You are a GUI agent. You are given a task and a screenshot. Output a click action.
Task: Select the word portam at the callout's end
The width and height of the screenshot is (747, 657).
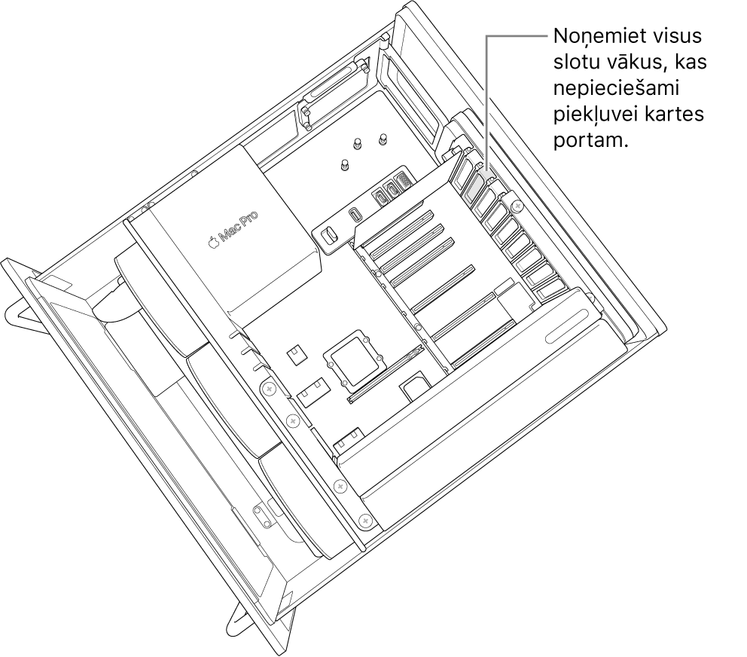588,142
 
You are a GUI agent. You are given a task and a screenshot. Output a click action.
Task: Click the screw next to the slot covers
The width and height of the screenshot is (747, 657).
517,205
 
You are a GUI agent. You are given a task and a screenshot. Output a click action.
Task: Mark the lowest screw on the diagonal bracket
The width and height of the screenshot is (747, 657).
366,519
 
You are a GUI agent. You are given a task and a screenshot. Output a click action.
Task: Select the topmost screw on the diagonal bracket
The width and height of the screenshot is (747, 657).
267,389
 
